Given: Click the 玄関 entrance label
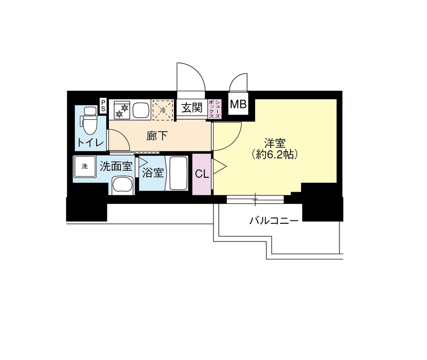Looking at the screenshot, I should point(191,108).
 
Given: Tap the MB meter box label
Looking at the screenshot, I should point(238,104).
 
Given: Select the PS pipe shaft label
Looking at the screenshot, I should point(103,106).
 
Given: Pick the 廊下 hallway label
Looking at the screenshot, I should point(157,136).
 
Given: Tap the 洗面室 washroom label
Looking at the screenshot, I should point(116,167).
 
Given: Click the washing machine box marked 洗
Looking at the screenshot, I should point(84,166).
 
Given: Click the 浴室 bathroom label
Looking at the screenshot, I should point(153,173).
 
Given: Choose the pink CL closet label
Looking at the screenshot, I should point(202,174).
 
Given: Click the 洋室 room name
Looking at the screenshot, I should point(276,143).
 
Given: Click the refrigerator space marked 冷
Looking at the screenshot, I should point(162,109).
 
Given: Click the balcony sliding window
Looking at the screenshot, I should point(255,200).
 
